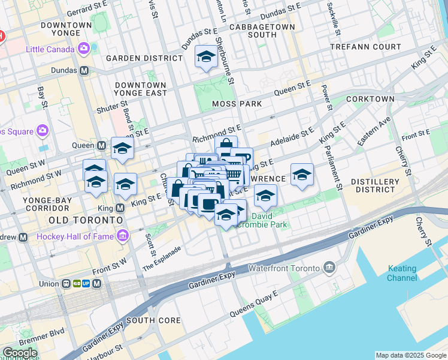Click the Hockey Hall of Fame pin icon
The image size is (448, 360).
click(123, 236)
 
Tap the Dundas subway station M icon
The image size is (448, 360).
click(84, 70)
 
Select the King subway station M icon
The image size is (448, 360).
click(119, 208)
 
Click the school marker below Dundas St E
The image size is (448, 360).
click(206, 57)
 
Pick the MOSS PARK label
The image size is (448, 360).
click(237, 104)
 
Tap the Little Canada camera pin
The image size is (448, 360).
click(84, 48)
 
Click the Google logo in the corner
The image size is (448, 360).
click(20, 353)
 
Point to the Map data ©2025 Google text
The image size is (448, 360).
click(411, 355)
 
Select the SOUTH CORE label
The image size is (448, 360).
click(153, 320)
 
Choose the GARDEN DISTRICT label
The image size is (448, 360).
click(144, 58)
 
